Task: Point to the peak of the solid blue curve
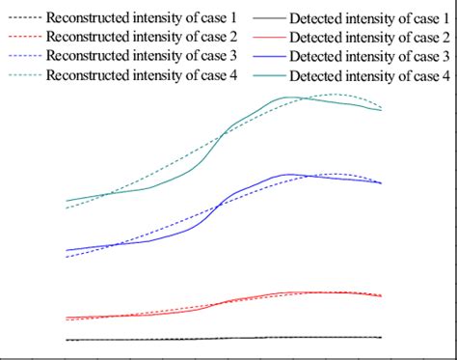pyautogui.click(x=290, y=174)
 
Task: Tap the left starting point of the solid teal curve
pyautogui.click(x=66, y=201)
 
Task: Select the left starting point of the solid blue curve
pyautogui.click(x=66, y=250)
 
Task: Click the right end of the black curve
pyautogui.click(x=382, y=337)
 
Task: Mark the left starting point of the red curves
pyautogui.click(x=66, y=318)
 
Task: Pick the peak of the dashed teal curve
pyautogui.click(x=336, y=95)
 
